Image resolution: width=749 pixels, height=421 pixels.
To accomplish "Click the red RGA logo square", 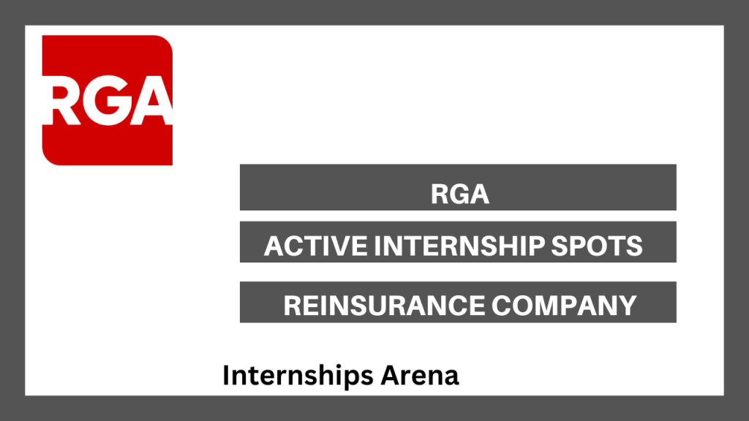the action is pyautogui.click(x=108, y=100).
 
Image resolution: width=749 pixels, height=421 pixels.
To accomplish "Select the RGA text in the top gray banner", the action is pyautogui.click(x=460, y=194).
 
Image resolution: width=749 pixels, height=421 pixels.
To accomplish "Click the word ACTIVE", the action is pyautogui.click(x=316, y=246).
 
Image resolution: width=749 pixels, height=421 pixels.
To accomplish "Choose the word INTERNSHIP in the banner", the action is pyautogui.click(x=459, y=246).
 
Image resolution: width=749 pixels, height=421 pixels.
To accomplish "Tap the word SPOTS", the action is pyautogui.click(x=597, y=246).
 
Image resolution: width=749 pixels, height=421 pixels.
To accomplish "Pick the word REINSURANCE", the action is pyautogui.click(x=384, y=306).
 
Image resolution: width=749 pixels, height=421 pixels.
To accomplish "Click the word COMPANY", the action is pyautogui.click(x=564, y=306).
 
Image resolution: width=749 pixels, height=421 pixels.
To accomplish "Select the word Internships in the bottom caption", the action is pyautogui.click(x=298, y=376).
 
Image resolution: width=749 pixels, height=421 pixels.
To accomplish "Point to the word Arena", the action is pyautogui.click(x=420, y=376).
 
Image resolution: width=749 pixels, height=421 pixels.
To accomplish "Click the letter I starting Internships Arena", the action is pyautogui.click(x=227, y=375).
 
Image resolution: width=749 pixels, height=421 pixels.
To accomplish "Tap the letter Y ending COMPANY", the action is pyautogui.click(x=627, y=306).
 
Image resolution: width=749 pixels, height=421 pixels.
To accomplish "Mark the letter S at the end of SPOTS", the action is pyautogui.click(x=634, y=246).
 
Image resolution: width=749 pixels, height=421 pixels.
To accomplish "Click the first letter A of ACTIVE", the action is pyautogui.click(x=275, y=246).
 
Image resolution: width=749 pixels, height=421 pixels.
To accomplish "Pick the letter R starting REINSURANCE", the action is pyautogui.click(x=293, y=306).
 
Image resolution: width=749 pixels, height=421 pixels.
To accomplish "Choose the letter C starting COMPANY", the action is pyautogui.click(x=501, y=306).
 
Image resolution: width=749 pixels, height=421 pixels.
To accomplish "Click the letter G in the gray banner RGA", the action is pyautogui.click(x=459, y=194).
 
